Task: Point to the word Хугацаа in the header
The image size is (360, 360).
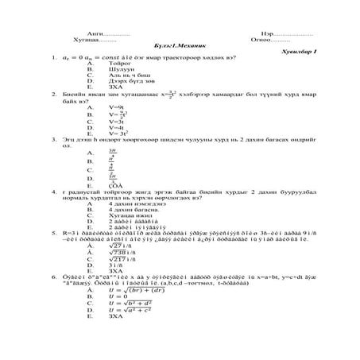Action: [x=89, y=38]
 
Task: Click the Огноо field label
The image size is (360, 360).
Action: [x=263, y=38]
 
